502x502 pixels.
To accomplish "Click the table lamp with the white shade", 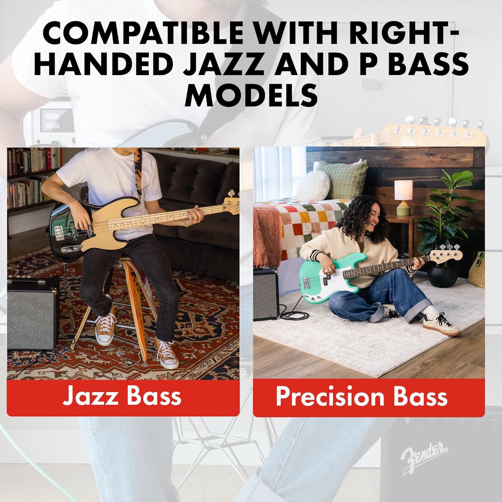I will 403,198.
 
